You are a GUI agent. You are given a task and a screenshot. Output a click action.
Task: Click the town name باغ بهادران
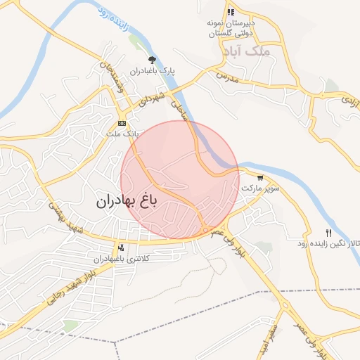pos(128,201)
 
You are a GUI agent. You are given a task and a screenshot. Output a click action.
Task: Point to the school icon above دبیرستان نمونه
pos(231,11)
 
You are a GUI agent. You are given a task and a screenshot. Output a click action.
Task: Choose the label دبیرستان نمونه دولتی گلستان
pos(231,28)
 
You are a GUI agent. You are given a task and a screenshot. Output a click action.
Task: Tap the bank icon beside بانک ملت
pos(123,123)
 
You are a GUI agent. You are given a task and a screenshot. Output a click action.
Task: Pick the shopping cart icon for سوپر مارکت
pos(261,178)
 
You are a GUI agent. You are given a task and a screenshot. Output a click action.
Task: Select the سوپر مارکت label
pos(260,189)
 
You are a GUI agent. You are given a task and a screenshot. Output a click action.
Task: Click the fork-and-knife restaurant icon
pos(328,233)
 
